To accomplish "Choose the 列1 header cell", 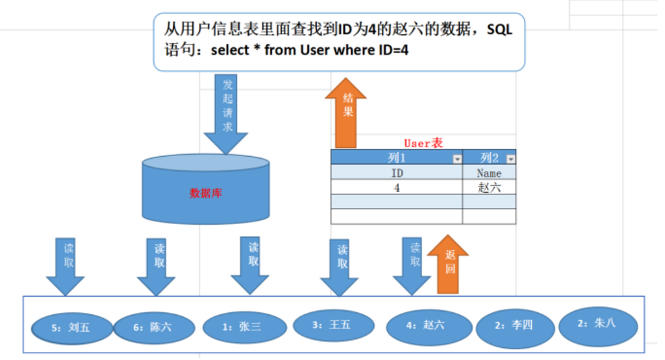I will pyautogui.click(x=396, y=157).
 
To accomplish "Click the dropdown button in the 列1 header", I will pyautogui.click(x=457, y=159).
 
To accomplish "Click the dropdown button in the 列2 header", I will pyautogui.click(x=510, y=159).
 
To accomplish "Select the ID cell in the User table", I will pyautogui.click(x=396, y=173).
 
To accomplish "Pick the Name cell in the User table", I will pyautogui.click(x=489, y=173).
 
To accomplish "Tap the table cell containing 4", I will pyautogui.click(x=396, y=188).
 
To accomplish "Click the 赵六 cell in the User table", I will pyautogui.click(x=489, y=188).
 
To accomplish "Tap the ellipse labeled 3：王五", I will pyautogui.click(x=331, y=325).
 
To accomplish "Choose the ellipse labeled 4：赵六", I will pyautogui.click(x=424, y=326).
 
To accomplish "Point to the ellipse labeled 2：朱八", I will pyautogui.click(x=597, y=324).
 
